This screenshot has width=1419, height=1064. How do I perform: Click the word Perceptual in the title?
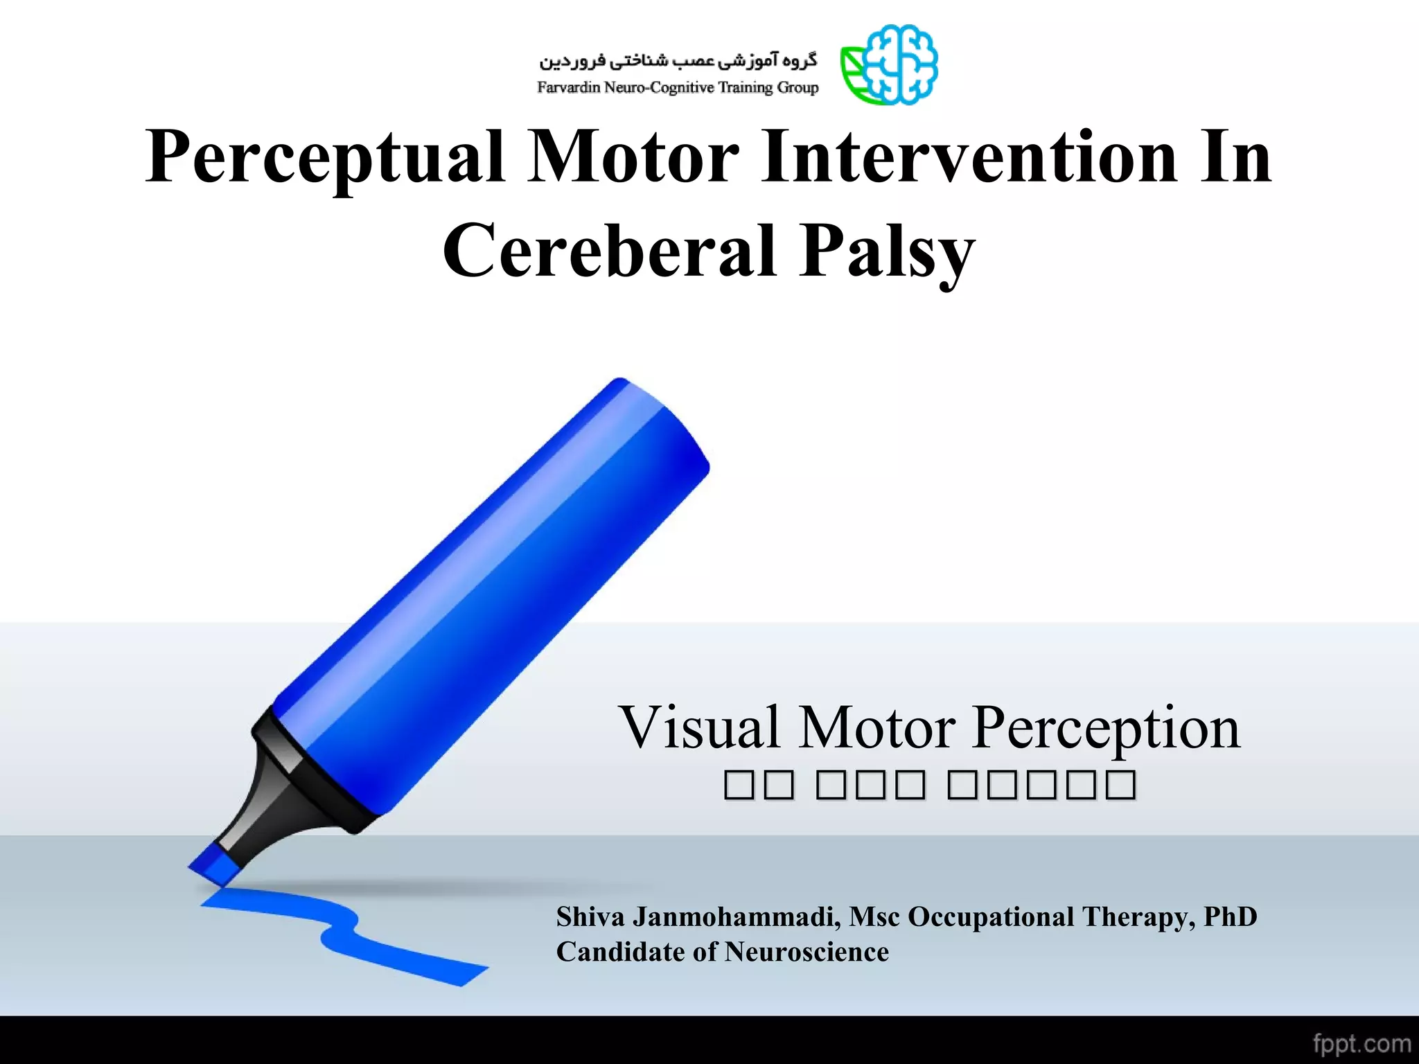point(324,158)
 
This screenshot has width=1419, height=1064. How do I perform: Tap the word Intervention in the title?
point(968,158)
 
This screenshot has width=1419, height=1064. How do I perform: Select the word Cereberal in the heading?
point(608,251)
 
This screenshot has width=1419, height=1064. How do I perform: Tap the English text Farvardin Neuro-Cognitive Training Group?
point(678,88)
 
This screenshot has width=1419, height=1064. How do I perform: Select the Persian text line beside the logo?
point(678,61)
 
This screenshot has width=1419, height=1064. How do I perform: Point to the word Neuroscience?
point(807,952)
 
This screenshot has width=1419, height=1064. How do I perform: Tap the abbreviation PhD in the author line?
point(1230,917)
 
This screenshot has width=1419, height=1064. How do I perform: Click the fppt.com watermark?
point(1361,1043)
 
